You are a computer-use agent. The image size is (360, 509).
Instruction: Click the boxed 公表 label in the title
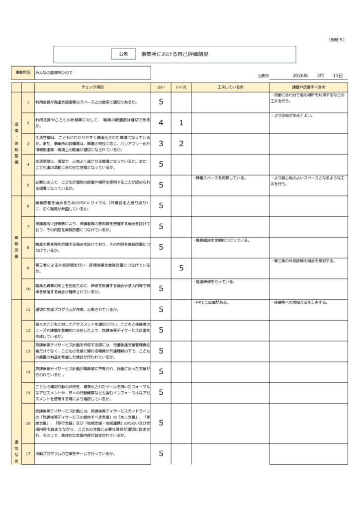(x=123, y=54)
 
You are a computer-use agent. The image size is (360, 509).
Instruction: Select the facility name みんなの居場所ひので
(x=54, y=73)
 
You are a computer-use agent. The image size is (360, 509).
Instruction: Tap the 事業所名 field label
(x=22, y=73)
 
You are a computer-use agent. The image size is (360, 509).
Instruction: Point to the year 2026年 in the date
(x=300, y=76)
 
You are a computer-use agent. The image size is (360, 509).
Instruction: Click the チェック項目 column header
(x=92, y=87)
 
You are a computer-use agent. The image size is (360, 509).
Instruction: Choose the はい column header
(x=161, y=87)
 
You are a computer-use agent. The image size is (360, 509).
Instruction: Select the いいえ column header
(x=181, y=87)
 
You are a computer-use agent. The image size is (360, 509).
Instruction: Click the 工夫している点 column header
(x=230, y=87)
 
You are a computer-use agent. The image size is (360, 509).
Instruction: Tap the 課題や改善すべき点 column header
(x=308, y=87)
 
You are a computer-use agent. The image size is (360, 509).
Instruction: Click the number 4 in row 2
(x=161, y=123)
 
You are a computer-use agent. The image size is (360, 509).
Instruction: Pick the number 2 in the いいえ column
(x=181, y=144)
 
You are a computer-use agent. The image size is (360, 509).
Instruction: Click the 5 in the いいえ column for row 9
(x=181, y=268)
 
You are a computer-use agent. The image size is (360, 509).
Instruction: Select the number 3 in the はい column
(x=161, y=144)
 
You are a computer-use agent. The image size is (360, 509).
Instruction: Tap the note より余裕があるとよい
(x=293, y=116)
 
